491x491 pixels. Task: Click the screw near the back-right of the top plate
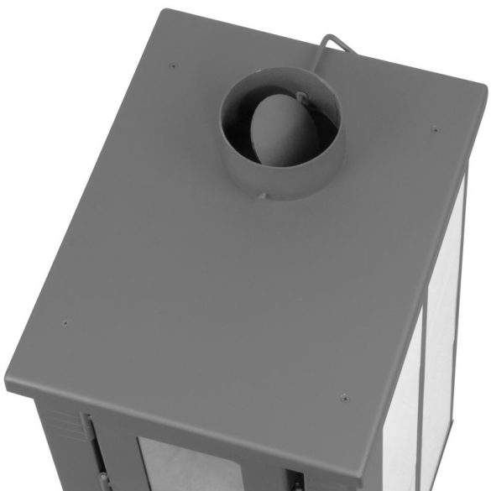[434, 129]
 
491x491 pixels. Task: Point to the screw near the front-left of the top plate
[65, 323]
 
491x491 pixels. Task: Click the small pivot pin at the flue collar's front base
[262, 196]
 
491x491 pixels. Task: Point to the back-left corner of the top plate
[166, 12]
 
